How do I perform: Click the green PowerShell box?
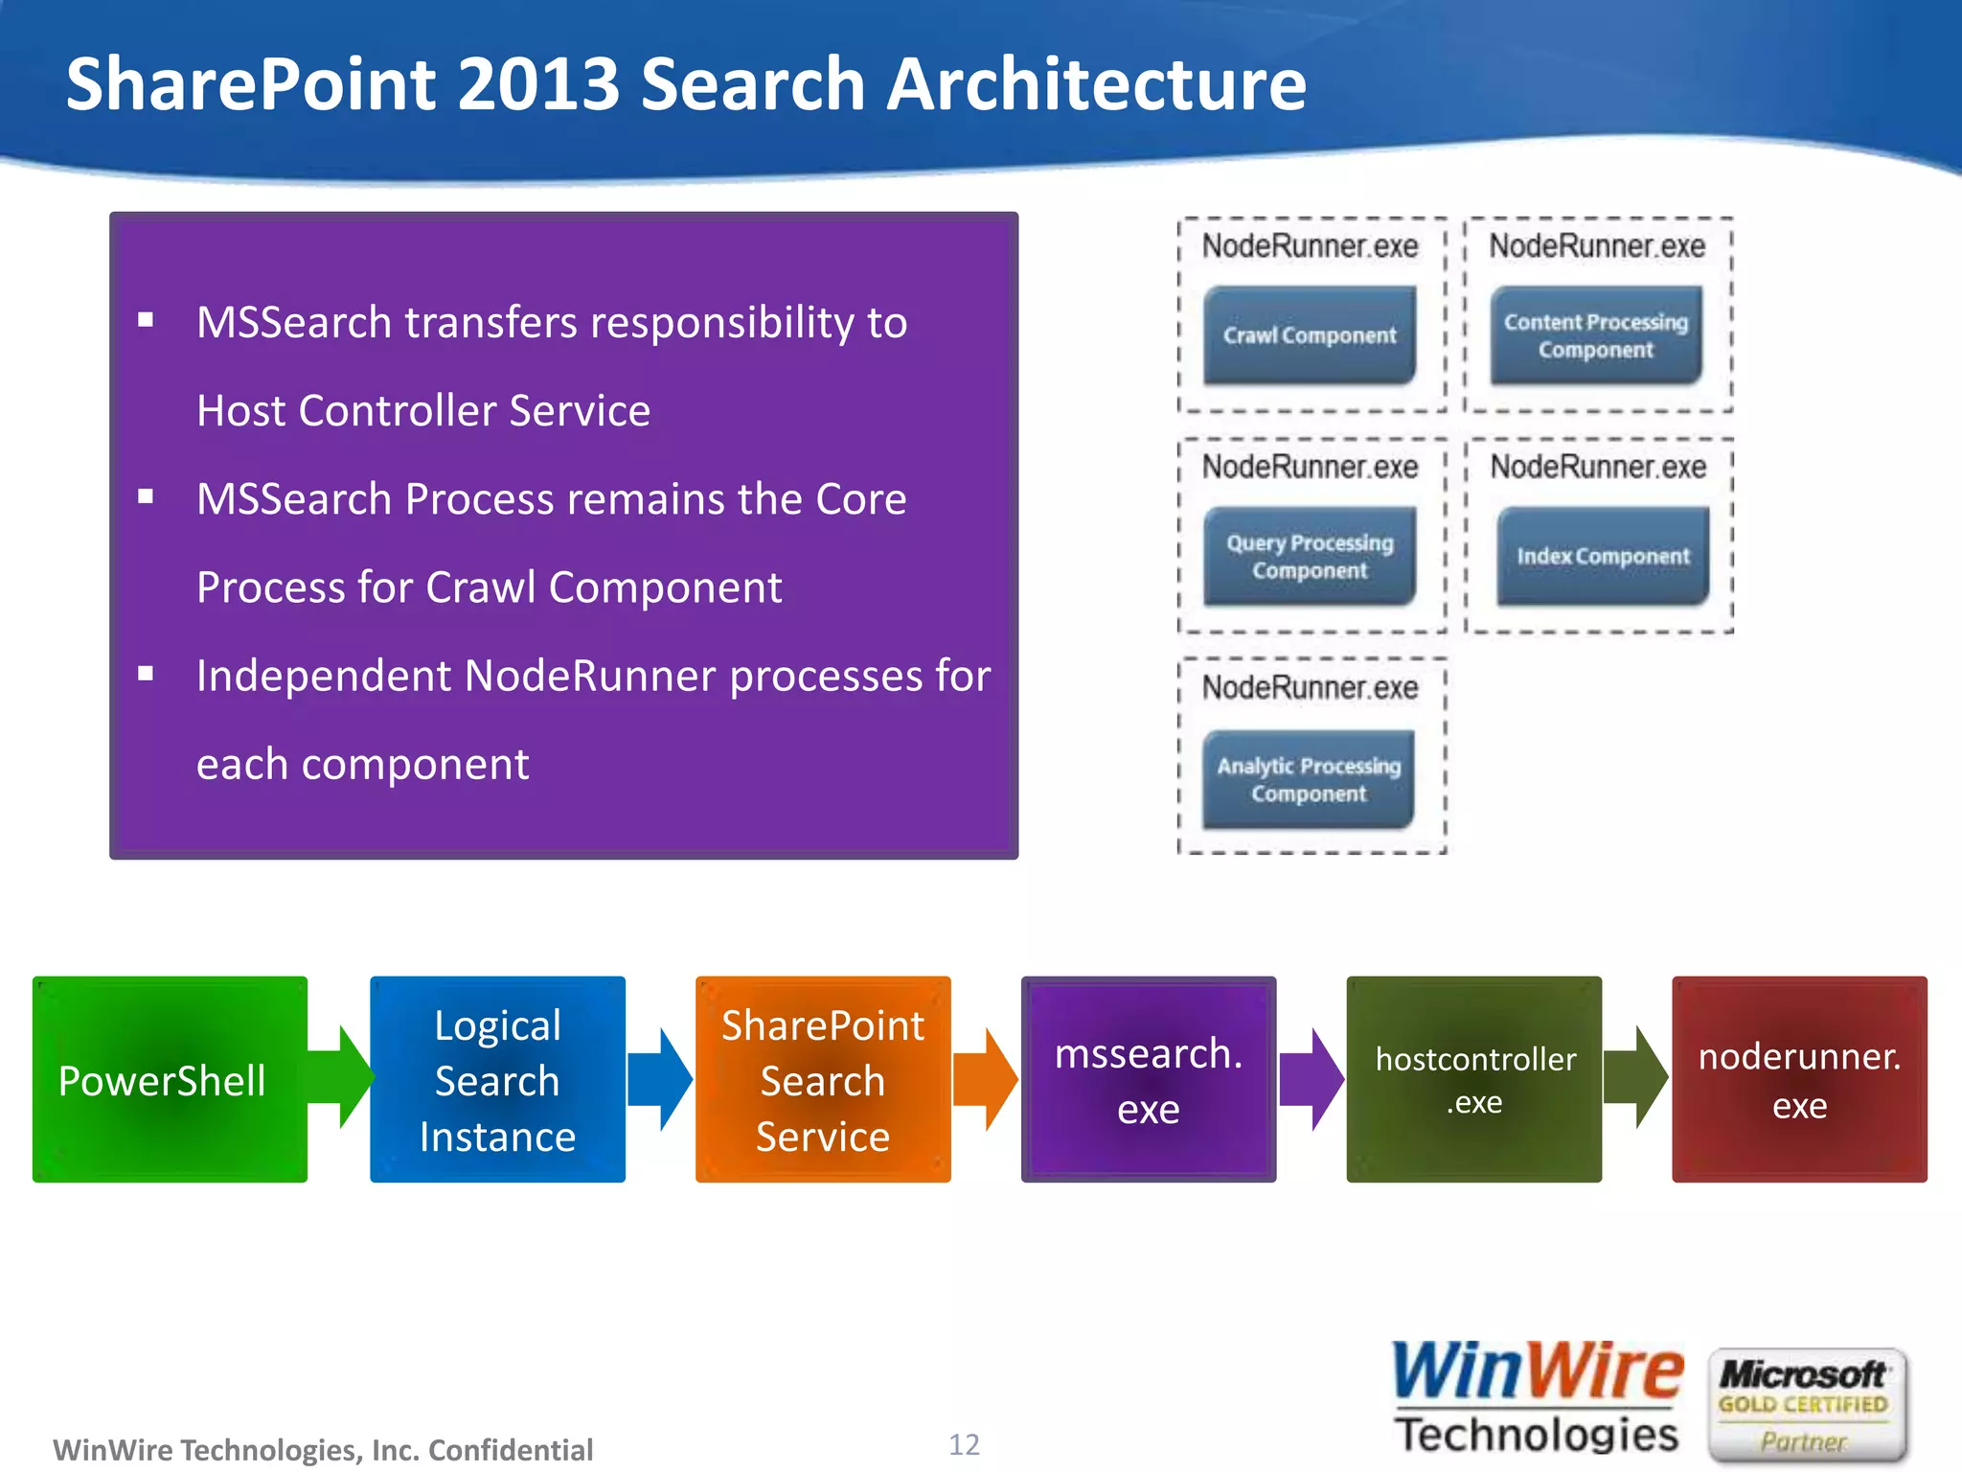point(170,1079)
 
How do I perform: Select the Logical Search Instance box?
point(497,1079)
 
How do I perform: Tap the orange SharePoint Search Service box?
point(822,1079)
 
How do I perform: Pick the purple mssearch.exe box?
point(1148,1079)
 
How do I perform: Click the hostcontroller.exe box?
point(1473,1079)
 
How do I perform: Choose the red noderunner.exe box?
point(1799,1079)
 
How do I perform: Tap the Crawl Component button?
point(1310,335)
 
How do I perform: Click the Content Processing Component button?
point(1596,335)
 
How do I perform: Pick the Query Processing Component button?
point(1310,556)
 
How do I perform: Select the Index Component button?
point(1603,556)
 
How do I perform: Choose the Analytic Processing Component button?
point(1309,779)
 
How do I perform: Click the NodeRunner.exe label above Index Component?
point(1598,467)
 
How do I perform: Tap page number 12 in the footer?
point(964,1444)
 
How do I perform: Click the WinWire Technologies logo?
point(1537,1398)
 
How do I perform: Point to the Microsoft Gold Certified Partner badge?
point(1805,1405)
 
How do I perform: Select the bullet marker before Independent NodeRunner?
point(146,674)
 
